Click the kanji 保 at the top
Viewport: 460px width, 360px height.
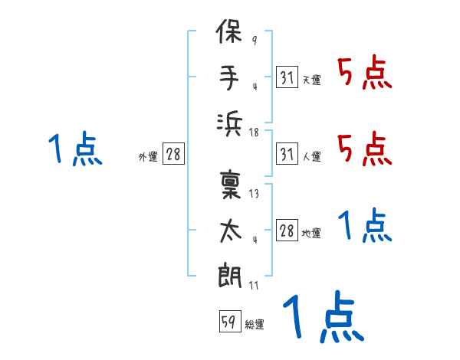(x=229, y=31)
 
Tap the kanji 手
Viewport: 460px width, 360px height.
(x=229, y=77)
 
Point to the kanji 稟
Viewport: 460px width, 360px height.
(x=230, y=185)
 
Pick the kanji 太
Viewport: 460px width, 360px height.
(x=231, y=231)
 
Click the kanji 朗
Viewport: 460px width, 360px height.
(x=230, y=275)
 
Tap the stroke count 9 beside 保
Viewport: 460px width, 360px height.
(x=255, y=41)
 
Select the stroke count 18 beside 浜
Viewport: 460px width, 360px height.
(x=254, y=133)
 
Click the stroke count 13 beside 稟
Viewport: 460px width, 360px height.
(x=254, y=194)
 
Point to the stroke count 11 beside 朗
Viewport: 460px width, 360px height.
(x=254, y=286)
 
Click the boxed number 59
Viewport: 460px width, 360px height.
(x=230, y=321)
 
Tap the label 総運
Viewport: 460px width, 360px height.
(x=255, y=325)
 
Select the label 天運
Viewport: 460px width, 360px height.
(x=311, y=80)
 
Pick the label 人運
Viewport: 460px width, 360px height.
(x=311, y=156)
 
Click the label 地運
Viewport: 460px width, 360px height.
(x=311, y=234)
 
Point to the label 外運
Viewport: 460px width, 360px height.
(x=148, y=156)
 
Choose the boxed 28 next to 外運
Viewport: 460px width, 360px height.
(x=173, y=153)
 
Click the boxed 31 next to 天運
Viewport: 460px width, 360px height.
(x=287, y=77)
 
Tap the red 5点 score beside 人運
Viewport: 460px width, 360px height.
(x=364, y=149)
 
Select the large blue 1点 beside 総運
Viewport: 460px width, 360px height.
(x=324, y=316)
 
